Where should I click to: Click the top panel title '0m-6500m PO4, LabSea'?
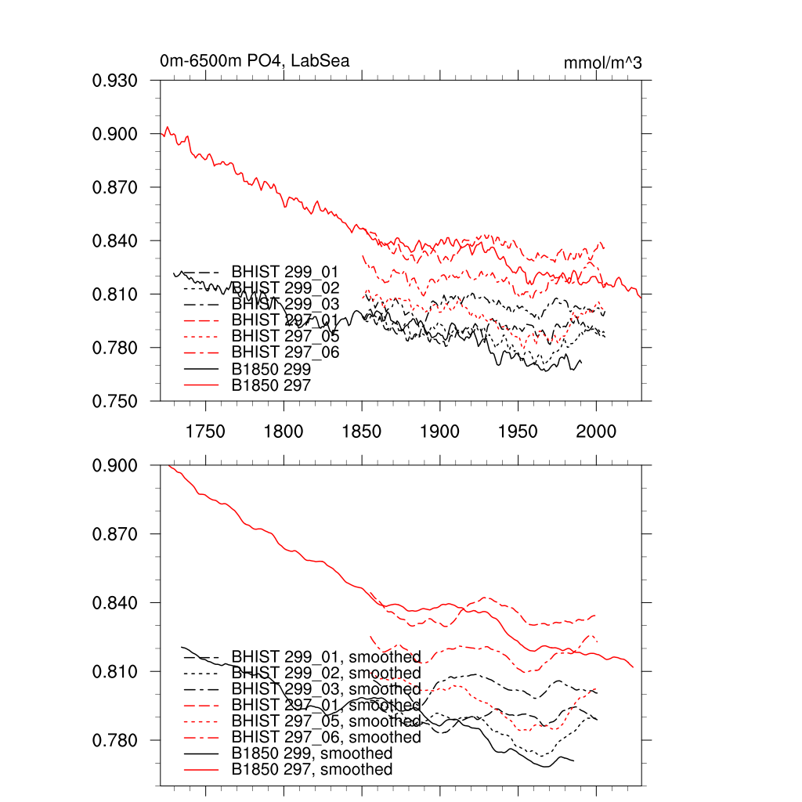tap(255, 61)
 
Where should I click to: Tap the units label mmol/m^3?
tap(602, 63)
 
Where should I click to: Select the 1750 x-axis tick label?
tap(205, 431)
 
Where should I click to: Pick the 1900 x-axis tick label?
tap(440, 431)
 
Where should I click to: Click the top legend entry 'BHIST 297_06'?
tap(285, 352)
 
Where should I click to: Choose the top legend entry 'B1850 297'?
tap(271, 385)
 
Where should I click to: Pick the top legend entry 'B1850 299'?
tap(271, 369)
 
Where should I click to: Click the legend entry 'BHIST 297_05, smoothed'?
tap(326, 721)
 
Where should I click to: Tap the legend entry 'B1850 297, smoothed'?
tap(312, 770)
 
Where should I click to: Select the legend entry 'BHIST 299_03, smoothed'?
tap(326, 689)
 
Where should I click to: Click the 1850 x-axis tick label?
tap(362, 431)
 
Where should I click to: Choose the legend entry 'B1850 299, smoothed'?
tap(312, 753)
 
